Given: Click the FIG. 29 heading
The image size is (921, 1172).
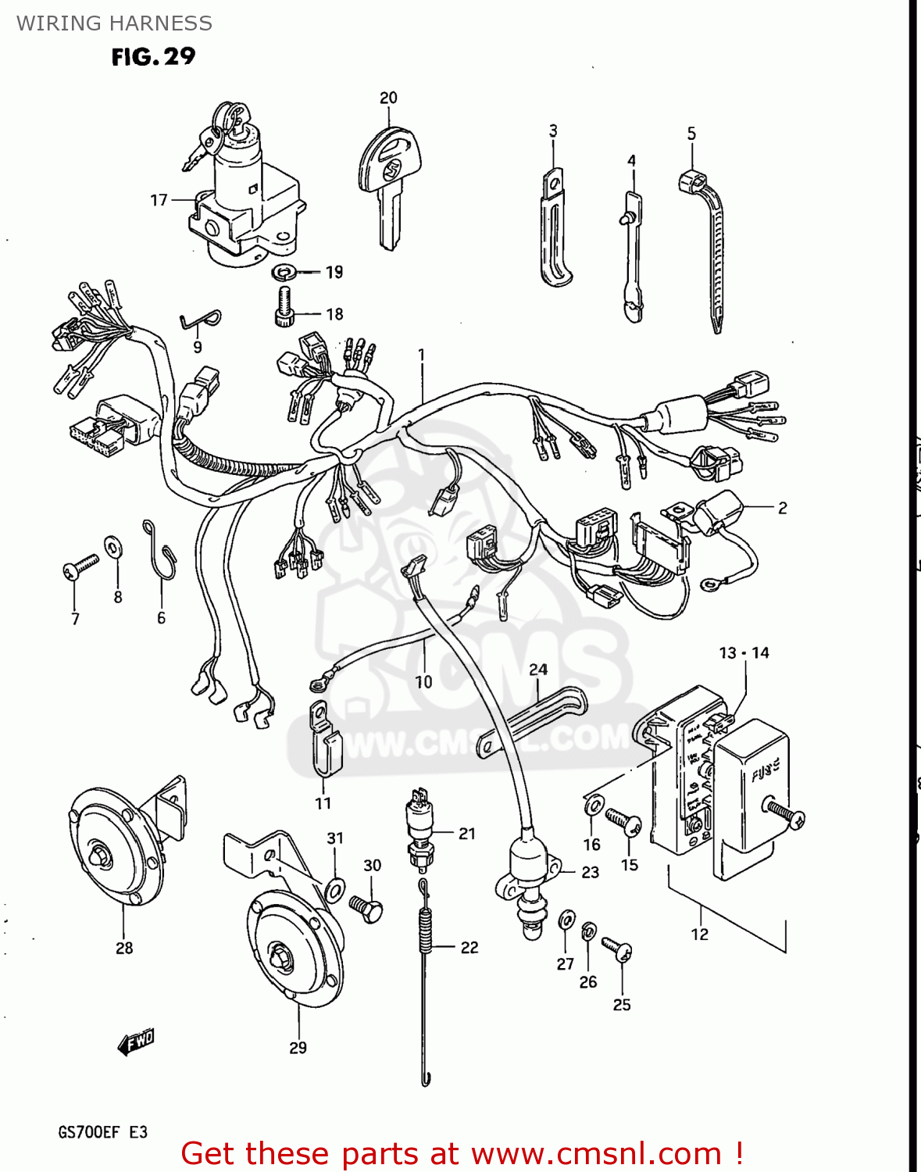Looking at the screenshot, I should pos(153,56).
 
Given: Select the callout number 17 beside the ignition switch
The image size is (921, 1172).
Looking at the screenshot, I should pos(159,200).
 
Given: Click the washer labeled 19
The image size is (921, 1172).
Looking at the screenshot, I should pos(282,273).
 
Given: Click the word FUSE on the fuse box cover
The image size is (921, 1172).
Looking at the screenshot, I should pos(765,771).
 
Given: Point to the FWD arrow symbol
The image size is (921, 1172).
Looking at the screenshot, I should pos(136,1042).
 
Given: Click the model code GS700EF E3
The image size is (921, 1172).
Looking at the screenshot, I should pos(102,1132).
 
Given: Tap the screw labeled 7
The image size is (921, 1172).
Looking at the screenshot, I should pos(79,567).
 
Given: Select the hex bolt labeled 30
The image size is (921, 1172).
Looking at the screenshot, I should pos(366,908).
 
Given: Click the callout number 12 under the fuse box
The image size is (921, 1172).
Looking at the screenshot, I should pos(699,934).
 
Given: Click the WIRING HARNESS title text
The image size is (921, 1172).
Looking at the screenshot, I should pos(114,23).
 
